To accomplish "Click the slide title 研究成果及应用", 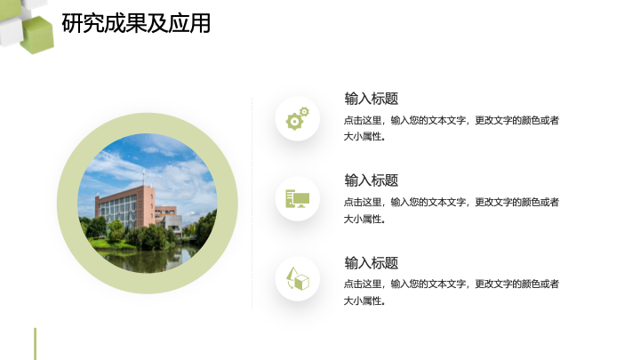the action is click(x=136, y=23).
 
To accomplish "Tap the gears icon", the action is click(x=298, y=118).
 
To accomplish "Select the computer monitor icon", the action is click(x=298, y=199).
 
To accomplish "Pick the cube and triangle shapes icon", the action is click(x=298, y=279).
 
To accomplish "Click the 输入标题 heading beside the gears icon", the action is click(x=372, y=99).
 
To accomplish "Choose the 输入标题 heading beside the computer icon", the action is click(x=372, y=180).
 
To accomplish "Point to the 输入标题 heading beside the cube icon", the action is click(x=372, y=263).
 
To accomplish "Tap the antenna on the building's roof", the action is click(x=144, y=178).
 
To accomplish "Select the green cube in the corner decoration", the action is click(x=37, y=35).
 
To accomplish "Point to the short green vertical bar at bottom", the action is click(x=35, y=344).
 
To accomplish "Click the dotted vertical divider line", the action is click(x=252, y=204).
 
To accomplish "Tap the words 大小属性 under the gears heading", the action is click(x=364, y=137).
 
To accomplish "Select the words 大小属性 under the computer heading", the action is click(x=364, y=220).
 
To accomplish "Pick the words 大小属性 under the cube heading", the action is click(x=364, y=301).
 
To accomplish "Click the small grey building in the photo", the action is click(x=173, y=225).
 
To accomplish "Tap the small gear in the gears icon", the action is click(x=305, y=111).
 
